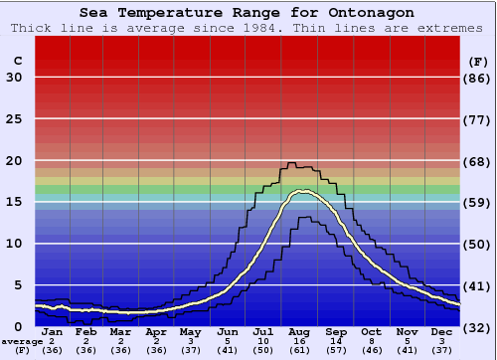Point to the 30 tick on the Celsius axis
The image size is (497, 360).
pyautogui.click(x=14, y=78)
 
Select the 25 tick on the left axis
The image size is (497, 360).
pyautogui.click(x=14, y=119)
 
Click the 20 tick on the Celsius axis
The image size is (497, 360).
pyautogui.click(x=14, y=161)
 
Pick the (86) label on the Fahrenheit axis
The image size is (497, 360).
pyautogui.click(x=478, y=78)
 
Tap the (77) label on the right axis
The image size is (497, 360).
pyautogui.click(x=478, y=119)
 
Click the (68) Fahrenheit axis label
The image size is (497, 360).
pyautogui.click(x=478, y=161)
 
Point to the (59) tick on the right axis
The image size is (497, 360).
pyautogui.click(x=478, y=203)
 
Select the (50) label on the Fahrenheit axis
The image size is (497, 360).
pyautogui.click(x=478, y=245)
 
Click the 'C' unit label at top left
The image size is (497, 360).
pyautogui.click(x=17, y=61)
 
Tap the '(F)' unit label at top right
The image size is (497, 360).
pyautogui.click(x=478, y=61)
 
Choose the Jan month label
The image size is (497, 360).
pyautogui.click(x=52, y=332)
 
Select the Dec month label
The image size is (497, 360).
pyautogui.click(x=441, y=332)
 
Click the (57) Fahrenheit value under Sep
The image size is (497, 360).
pyautogui.click(x=336, y=350)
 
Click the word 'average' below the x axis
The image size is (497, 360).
pyautogui.click(x=22, y=341)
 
